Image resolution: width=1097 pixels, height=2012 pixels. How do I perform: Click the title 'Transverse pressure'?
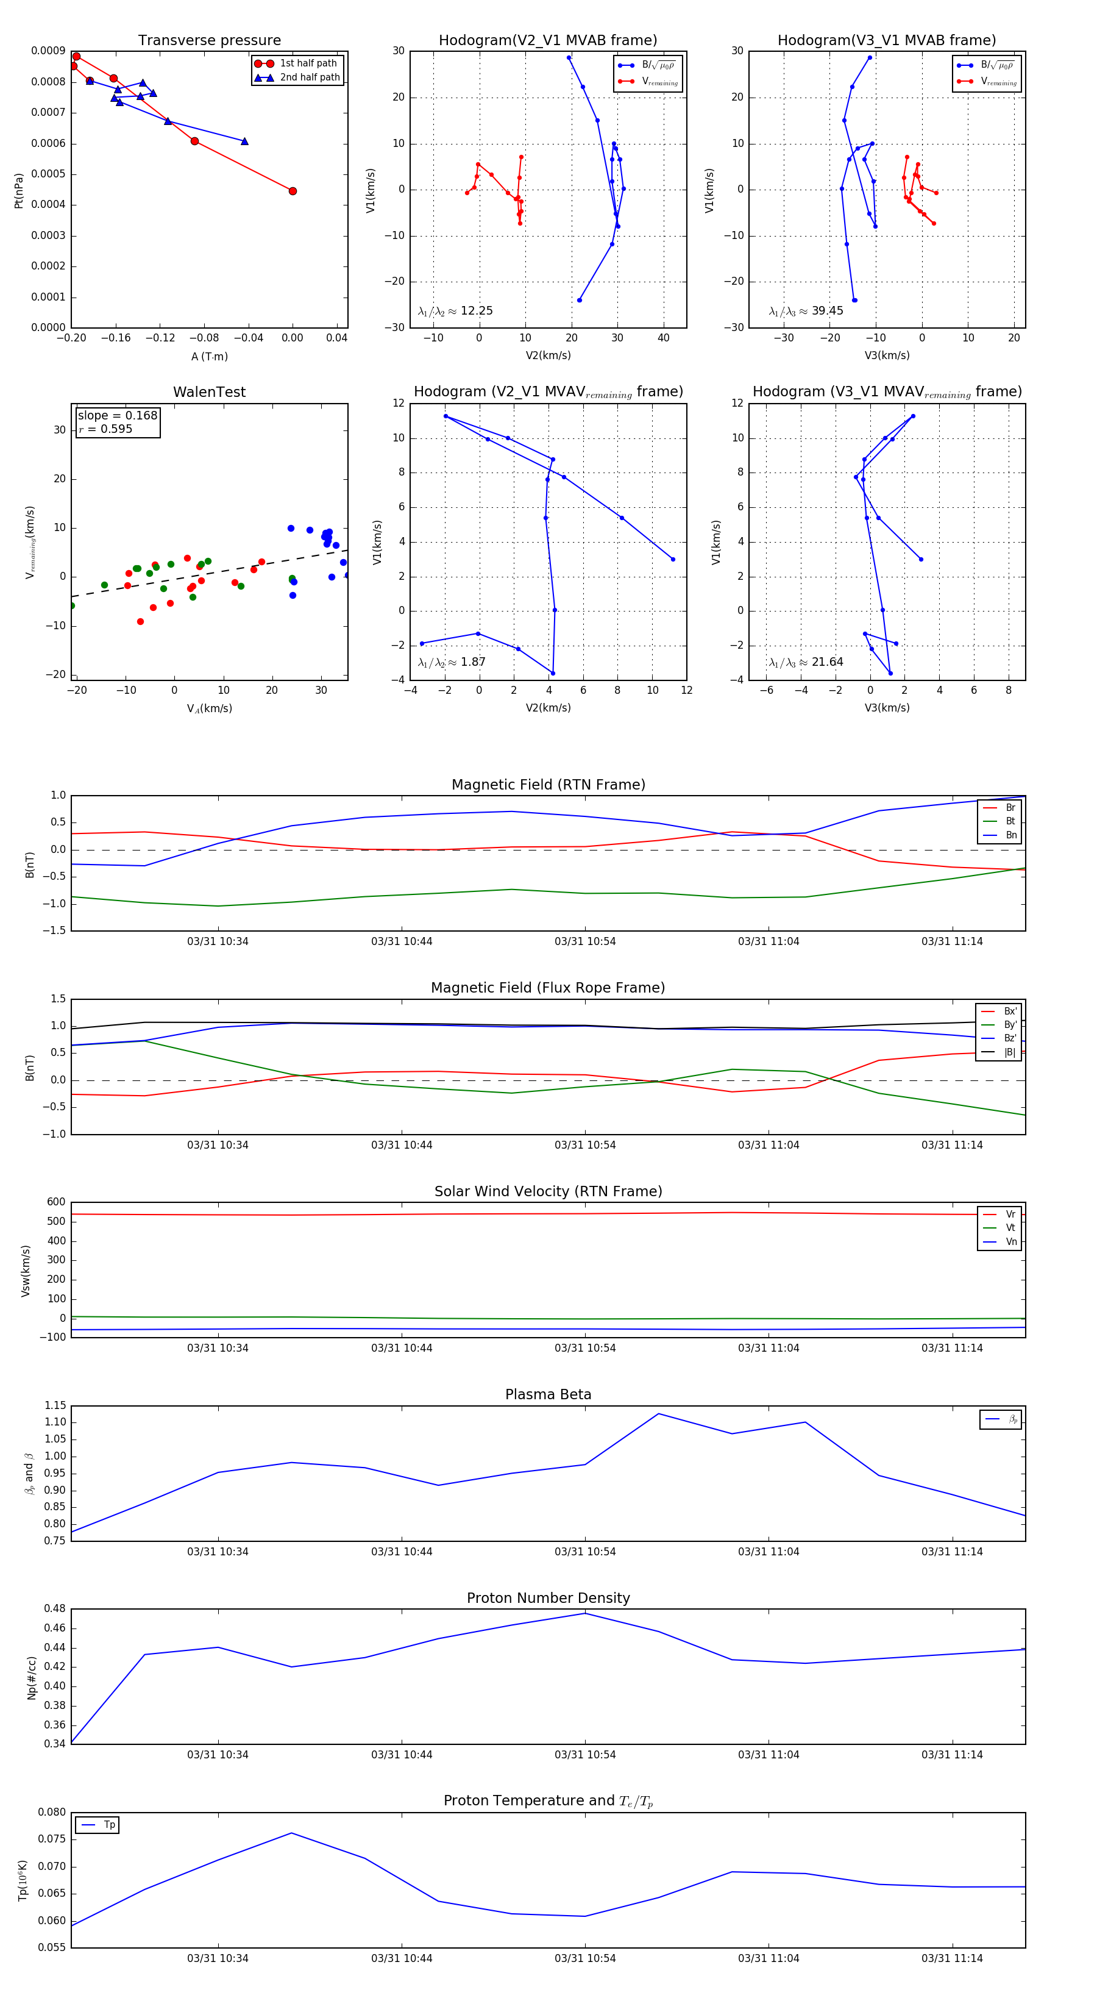pos(209,41)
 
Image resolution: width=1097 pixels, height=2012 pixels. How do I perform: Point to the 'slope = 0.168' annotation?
pos(117,416)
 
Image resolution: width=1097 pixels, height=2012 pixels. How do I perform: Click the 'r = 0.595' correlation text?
pos(105,429)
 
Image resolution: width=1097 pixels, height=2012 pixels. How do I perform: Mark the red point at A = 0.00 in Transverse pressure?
pos(293,191)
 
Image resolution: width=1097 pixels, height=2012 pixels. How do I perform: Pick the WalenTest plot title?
pos(209,392)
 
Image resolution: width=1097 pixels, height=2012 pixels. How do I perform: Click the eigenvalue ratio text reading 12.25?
pos(476,311)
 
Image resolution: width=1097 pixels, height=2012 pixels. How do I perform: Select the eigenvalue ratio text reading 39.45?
pos(827,311)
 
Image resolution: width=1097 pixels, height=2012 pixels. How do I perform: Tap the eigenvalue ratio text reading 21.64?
pos(827,662)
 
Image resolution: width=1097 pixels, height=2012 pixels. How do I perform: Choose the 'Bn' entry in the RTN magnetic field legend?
pos(1010,835)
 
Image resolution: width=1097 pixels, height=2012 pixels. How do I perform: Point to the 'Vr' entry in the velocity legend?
pos(1010,1215)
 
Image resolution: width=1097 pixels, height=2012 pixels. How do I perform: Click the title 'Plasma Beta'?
pos(548,1395)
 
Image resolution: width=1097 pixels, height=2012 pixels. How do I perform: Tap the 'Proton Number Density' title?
pos(548,1598)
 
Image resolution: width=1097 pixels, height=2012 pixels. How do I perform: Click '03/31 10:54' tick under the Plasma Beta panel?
pos(585,1552)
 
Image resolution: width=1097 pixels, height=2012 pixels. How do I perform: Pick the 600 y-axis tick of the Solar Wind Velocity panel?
pos(56,1202)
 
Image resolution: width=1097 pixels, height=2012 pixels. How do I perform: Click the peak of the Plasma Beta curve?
pos(658,1414)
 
